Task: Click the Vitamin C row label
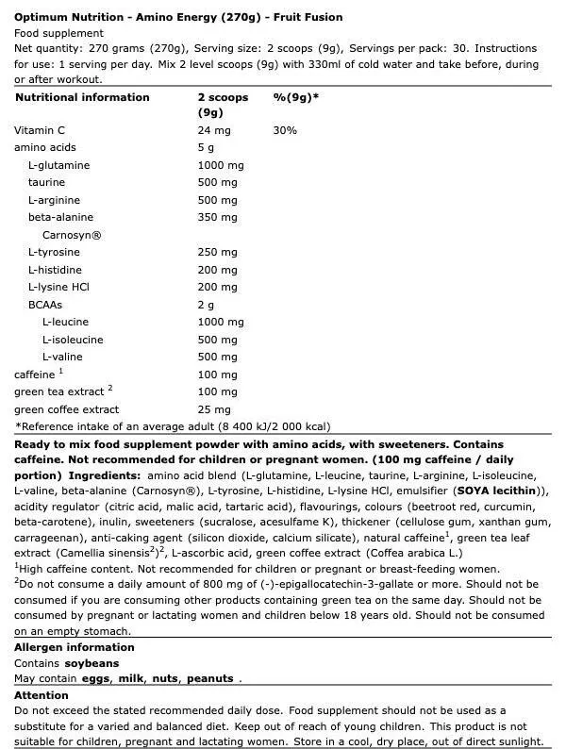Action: tap(39, 130)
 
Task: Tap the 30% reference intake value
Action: tap(285, 130)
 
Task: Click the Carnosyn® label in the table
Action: tap(71, 235)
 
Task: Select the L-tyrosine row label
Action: tap(54, 252)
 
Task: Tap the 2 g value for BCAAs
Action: tap(206, 305)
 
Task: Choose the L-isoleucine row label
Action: tap(73, 340)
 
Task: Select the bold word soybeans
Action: tap(92, 663)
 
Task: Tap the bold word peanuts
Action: tap(209, 678)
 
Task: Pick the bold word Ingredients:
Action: tap(105, 474)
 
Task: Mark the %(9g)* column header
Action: tap(295, 97)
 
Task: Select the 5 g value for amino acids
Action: tap(206, 148)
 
